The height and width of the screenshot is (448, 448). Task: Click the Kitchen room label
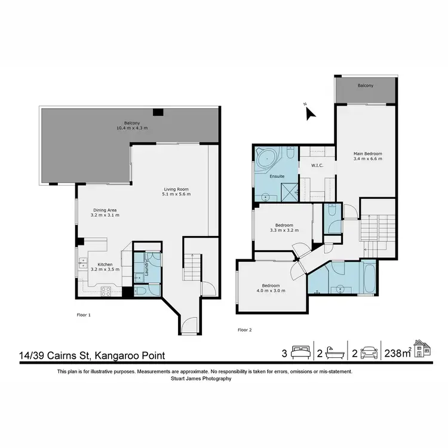click(x=105, y=264)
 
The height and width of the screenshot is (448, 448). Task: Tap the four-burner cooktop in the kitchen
click(x=106, y=291)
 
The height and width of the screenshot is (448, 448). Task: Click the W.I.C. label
click(x=317, y=165)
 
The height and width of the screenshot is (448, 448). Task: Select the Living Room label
click(x=176, y=190)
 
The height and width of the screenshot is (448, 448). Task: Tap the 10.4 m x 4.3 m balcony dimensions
click(x=132, y=128)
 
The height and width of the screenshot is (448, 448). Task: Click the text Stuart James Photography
click(x=204, y=378)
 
